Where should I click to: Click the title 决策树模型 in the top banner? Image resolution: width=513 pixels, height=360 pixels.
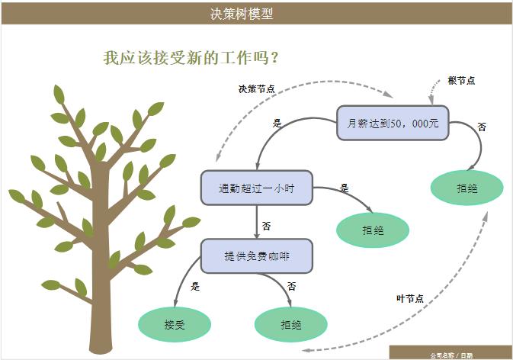[242, 13]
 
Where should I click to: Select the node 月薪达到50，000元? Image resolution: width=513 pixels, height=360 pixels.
[393, 123]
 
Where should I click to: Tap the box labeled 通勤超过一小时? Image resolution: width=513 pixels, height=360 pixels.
[256, 188]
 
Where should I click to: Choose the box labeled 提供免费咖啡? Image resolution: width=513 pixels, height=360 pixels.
[257, 256]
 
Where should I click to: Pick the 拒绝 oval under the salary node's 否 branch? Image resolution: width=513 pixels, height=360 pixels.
[467, 188]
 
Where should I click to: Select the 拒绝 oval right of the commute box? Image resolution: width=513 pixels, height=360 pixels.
[374, 229]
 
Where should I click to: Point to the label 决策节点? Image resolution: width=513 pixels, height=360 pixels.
[257, 88]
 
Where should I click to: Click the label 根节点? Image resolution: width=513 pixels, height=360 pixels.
[461, 80]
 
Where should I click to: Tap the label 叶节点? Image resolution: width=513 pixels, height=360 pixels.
[410, 298]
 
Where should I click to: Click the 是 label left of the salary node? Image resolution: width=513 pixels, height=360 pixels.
[277, 122]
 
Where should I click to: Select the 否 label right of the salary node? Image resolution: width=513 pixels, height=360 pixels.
[482, 127]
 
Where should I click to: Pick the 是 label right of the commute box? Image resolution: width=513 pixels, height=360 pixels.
[345, 188]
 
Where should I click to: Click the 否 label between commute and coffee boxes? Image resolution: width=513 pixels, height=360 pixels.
[266, 226]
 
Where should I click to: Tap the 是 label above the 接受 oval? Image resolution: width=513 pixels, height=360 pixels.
[195, 287]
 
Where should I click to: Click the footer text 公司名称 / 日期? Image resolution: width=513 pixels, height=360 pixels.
[450, 355]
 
